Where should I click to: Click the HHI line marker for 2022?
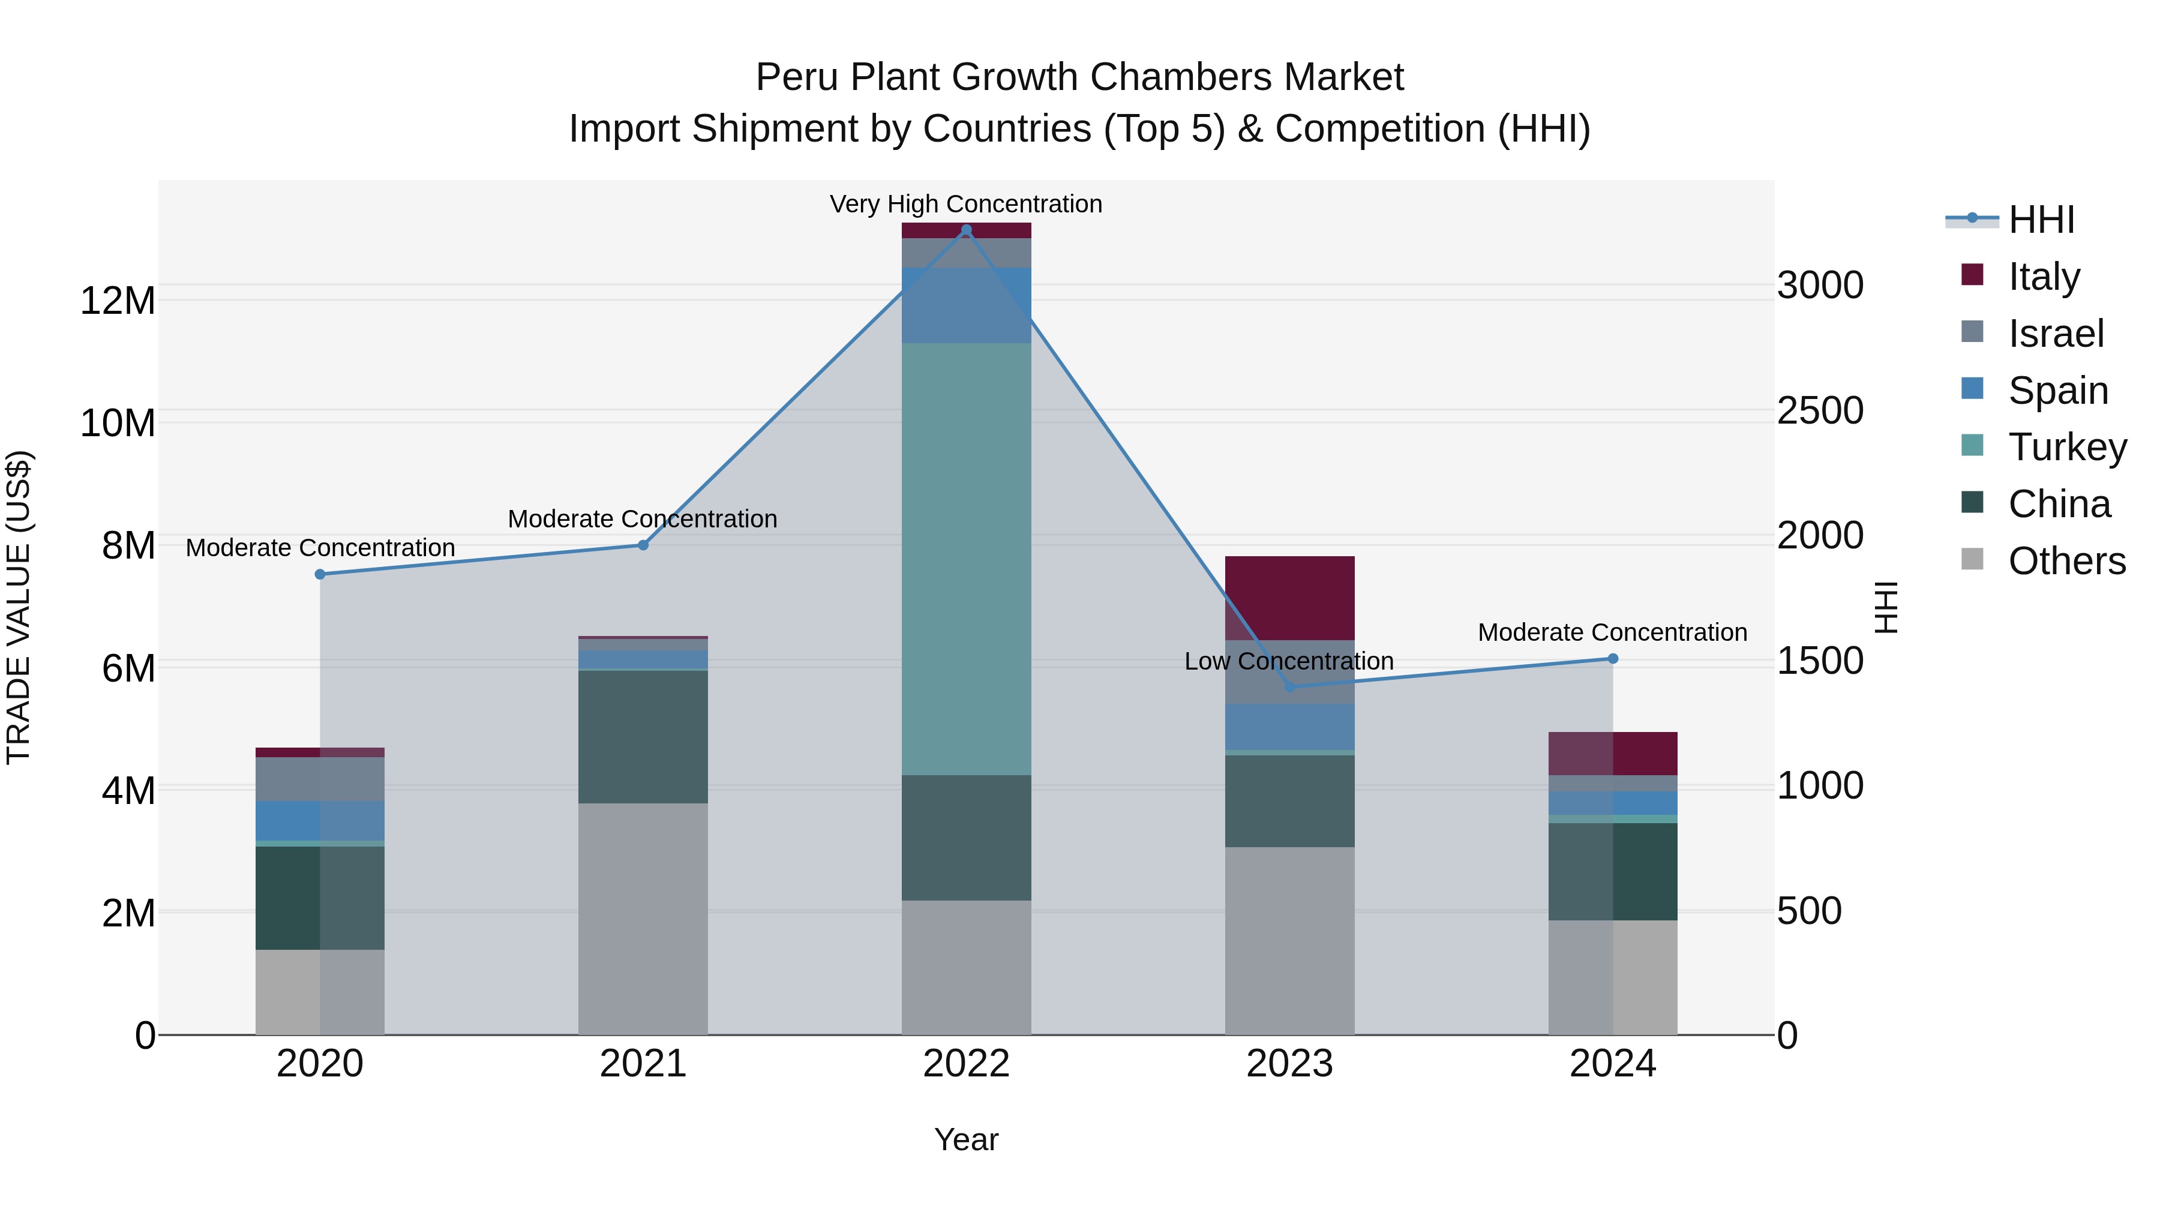(x=966, y=230)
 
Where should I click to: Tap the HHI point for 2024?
(x=1612, y=659)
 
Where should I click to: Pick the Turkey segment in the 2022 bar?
(x=966, y=559)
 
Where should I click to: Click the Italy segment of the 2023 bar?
(x=1289, y=598)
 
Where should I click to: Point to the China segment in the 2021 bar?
(x=643, y=736)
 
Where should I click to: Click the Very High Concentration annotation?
(x=966, y=204)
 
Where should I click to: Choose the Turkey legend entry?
(x=2067, y=447)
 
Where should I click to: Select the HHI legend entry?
(x=2041, y=220)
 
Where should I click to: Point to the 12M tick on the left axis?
(x=118, y=300)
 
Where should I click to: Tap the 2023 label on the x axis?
(x=1289, y=1064)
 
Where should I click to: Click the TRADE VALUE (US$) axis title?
(x=19, y=607)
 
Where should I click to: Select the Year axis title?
(x=966, y=1139)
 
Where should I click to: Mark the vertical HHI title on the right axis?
(x=1886, y=607)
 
